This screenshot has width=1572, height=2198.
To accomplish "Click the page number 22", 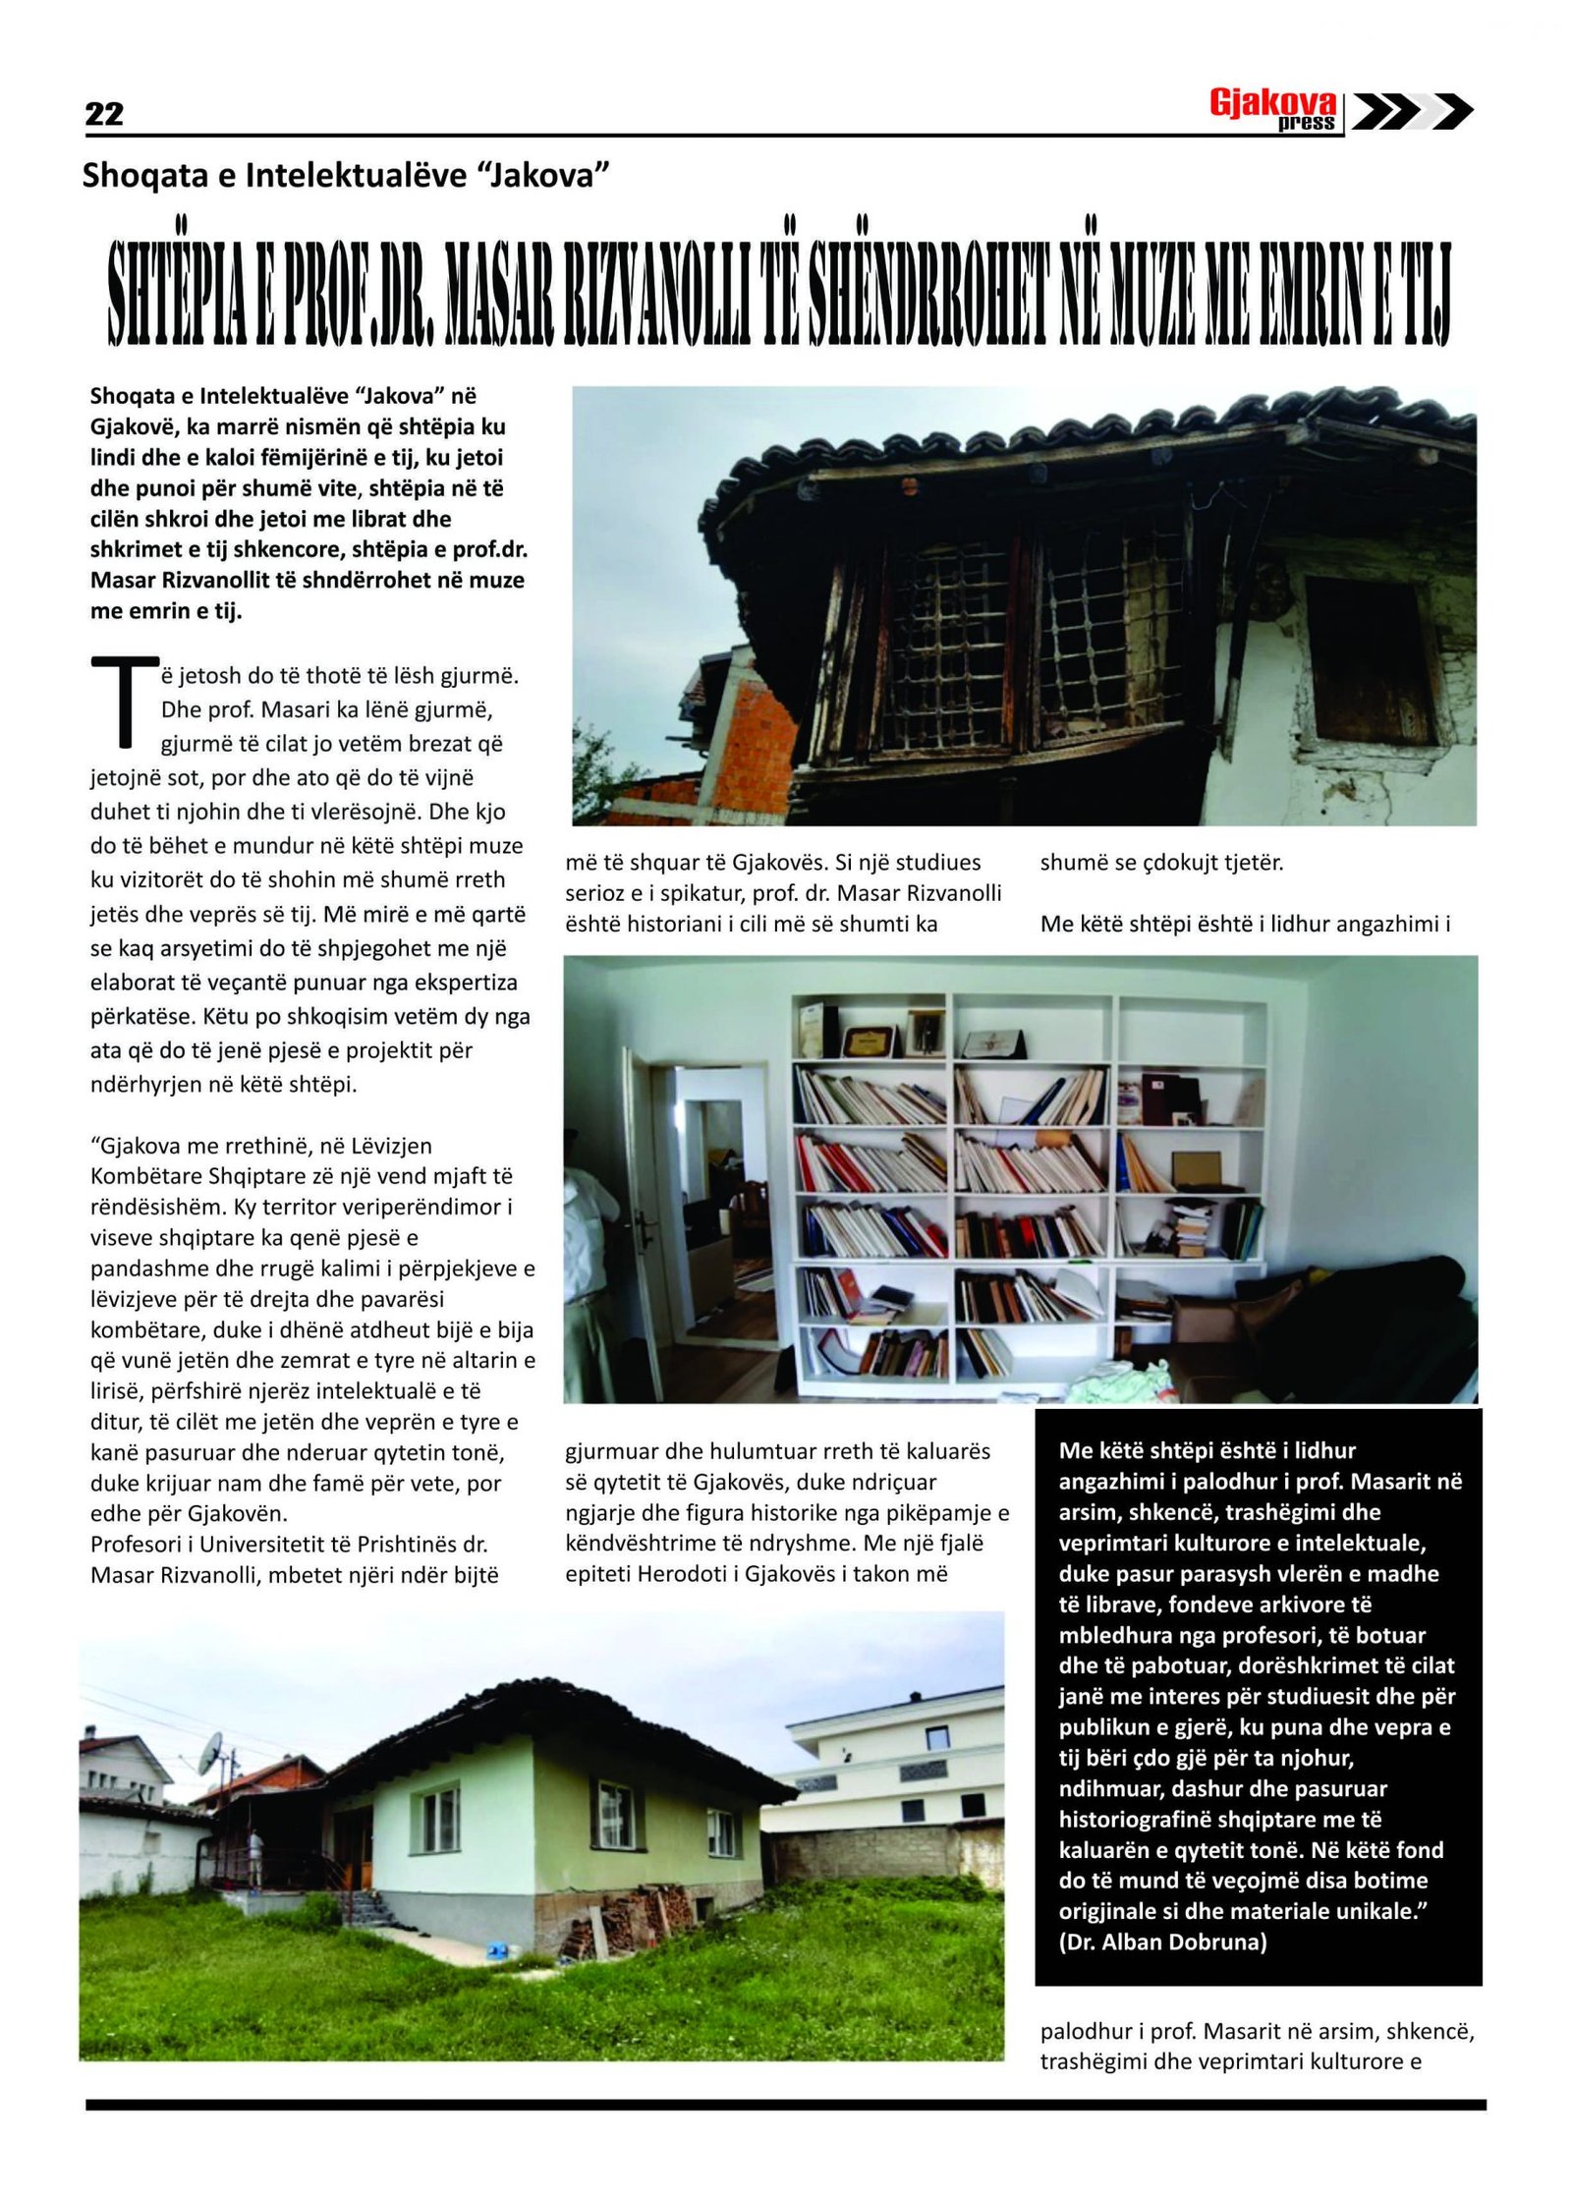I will tap(104, 114).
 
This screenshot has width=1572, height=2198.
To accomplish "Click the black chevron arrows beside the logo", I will tap(1412, 111).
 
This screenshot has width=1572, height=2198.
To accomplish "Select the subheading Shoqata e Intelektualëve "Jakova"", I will tap(346, 175).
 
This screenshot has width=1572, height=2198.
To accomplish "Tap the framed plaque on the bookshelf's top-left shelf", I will tap(868, 1039).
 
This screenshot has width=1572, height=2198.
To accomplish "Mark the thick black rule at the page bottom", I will tap(785, 2105).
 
